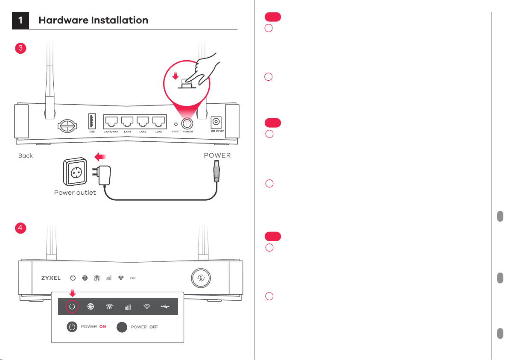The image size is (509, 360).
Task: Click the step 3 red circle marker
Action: click(20, 48)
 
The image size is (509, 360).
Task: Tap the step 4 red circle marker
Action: click(20, 228)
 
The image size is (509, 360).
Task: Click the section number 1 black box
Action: click(20, 20)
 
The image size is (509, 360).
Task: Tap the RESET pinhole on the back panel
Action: click(176, 124)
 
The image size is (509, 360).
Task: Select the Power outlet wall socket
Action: click(75, 171)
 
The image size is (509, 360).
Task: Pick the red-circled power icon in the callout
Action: click(72, 306)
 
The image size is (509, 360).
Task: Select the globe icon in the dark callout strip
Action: click(91, 306)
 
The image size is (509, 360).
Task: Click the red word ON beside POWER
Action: click(102, 327)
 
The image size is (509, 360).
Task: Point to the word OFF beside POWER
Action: click(154, 327)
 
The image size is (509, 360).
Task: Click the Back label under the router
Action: click(26, 156)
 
